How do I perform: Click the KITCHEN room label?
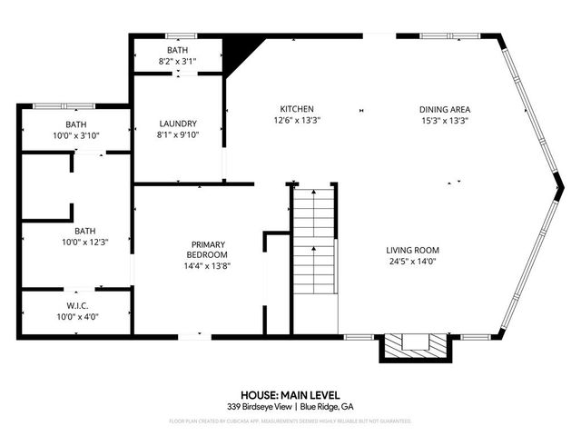pyautogui.click(x=298, y=109)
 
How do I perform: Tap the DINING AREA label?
pyautogui.click(x=445, y=109)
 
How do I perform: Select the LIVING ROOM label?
pyautogui.click(x=412, y=250)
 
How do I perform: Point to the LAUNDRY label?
pyautogui.click(x=177, y=124)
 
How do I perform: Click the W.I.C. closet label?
pyautogui.click(x=77, y=305)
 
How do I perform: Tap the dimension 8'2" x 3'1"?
pyautogui.click(x=177, y=60)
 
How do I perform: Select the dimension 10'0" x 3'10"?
pyautogui.click(x=75, y=135)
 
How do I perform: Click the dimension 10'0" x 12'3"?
pyautogui.click(x=77, y=242)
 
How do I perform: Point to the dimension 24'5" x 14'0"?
pyautogui.click(x=412, y=262)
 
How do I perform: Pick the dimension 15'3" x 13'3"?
pyautogui.click(x=445, y=120)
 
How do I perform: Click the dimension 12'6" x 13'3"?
pyautogui.click(x=298, y=120)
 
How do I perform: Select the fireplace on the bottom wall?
pyautogui.click(x=413, y=346)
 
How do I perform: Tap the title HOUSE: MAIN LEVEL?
pyautogui.click(x=290, y=395)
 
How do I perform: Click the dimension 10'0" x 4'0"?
pyautogui.click(x=77, y=317)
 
